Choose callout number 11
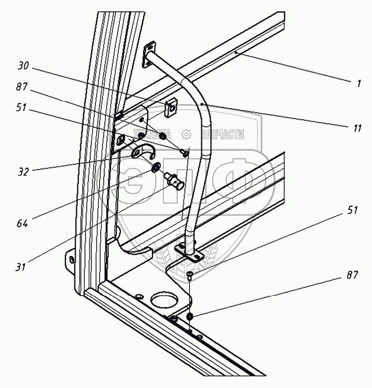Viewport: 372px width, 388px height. [x=356, y=127]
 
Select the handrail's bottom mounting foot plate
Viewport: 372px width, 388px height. [x=189, y=252]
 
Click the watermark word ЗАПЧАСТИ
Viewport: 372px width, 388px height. [x=222, y=135]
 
